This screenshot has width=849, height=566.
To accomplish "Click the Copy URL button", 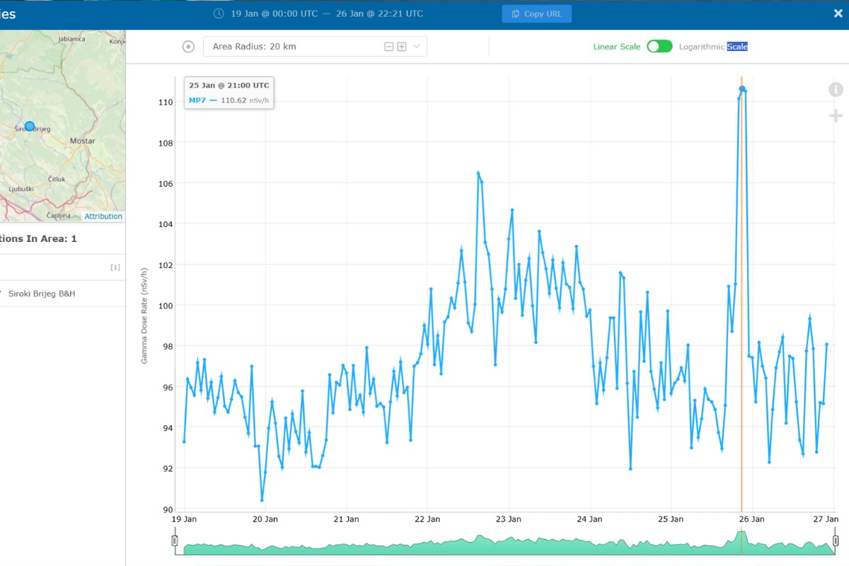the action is (x=537, y=14).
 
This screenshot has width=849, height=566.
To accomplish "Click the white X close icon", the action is (x=838, y=13).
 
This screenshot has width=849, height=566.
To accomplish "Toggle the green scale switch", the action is (x=659, y=46).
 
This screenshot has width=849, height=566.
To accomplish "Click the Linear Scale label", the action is (x=617, y=47).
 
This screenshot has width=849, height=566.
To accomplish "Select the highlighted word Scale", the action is (x=737, y=47).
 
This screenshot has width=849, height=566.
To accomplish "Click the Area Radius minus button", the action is (x=388, y=47).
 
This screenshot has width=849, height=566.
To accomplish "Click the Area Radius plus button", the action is (x=402, y=47).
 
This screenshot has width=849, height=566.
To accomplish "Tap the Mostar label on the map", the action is (x=82, y=141).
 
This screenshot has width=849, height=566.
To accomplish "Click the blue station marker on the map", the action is (x=30, y=126).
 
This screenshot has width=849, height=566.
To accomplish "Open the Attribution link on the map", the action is (x=103, y=216).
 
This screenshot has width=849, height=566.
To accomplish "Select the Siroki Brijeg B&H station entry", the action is (x=42, y=294).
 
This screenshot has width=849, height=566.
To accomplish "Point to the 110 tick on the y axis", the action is (x=166, y=102).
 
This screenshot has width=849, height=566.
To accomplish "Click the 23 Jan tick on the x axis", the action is (x=508, y=519).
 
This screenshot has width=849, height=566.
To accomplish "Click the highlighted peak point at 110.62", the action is (x=741, y=89).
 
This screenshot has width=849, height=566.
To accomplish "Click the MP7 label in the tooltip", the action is (x=197, y=100).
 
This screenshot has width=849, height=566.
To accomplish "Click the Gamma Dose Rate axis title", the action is (x=144, y=316).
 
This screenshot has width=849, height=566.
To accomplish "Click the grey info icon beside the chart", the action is (x=836, y=89).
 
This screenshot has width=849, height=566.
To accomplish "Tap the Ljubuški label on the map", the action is (x=21, y=189).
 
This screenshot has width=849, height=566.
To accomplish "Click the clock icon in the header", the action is (x=219, y=13).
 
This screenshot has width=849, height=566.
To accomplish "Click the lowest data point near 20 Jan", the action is (x=262, y=500).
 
